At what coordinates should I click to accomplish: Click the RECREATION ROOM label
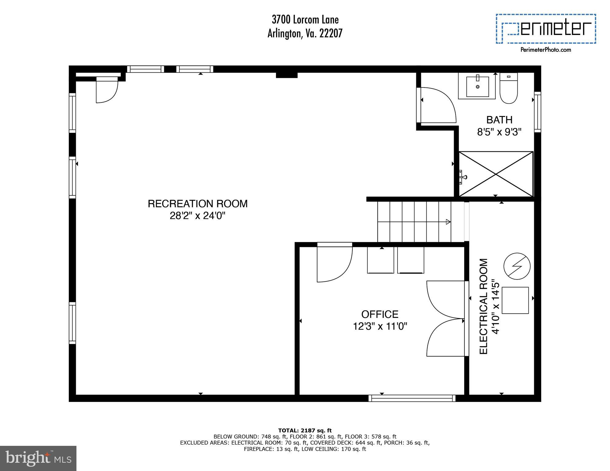pos(197,204)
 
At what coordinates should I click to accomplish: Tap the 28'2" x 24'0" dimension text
pos(197,216)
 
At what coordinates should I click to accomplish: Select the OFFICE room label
pos(379,314)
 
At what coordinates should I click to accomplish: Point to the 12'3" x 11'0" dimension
pos(379,326)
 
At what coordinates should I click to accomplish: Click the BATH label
pos(499,120)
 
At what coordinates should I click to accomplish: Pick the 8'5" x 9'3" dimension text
pos(499,132)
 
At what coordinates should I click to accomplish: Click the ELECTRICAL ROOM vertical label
pos(484,306)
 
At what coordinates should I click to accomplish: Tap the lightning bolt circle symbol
pos(517,266)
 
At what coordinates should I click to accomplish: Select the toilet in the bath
pos(509,89)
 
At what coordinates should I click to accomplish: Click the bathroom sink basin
pos(477,87)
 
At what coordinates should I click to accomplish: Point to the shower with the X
pos(496,174)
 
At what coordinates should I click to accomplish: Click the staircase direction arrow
pos(448,222)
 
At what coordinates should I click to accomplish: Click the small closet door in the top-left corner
pos(107,91)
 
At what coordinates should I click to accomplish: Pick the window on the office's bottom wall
pos(412,398)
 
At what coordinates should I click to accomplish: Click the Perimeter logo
pos(546,29)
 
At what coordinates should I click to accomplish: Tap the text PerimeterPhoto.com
pos(546,50)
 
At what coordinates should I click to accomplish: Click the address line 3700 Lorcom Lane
pos(305,20)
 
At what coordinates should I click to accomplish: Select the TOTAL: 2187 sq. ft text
pos(305,430)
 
